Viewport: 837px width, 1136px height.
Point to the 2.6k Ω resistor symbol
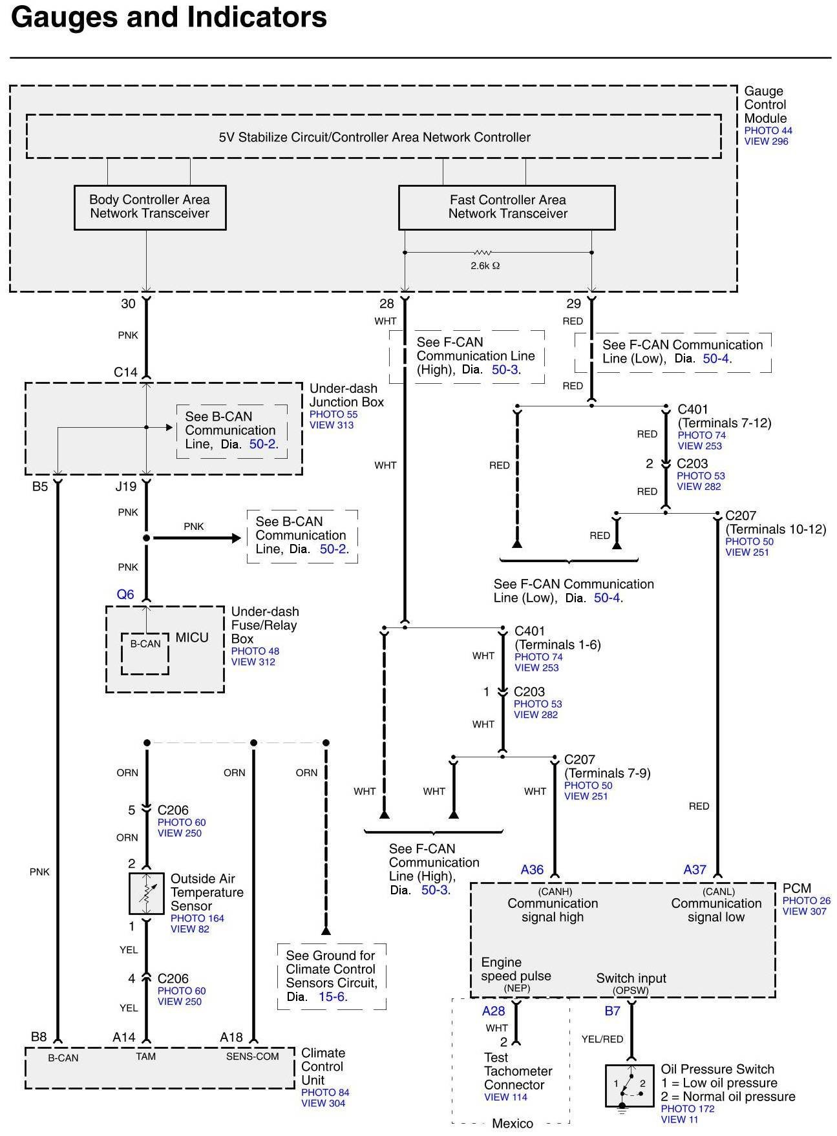[x=483, y=253]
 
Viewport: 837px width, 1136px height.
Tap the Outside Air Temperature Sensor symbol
[x=147, y=894]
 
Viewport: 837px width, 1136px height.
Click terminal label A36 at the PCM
[x=533, y=870]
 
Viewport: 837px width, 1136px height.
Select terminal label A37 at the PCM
[x=695, y=870]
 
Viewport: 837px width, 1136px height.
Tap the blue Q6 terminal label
[x=125, y=594]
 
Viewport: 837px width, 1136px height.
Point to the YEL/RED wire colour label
[x=602, y=1039]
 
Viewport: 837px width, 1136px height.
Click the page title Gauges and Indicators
[x=169, y=17]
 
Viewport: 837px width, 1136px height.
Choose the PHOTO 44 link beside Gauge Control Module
[x=768, y=131]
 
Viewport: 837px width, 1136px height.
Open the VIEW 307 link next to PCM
[x=805, y=912]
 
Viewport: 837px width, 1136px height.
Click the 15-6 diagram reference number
[x=333, y=997]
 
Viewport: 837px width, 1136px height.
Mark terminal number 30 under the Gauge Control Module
[x=129, y=304]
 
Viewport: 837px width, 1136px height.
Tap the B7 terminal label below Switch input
[x=612, y=1011]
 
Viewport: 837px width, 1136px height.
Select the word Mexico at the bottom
[x=513, y=1124]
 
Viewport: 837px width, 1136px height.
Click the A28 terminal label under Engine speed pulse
[x=494, y=1011]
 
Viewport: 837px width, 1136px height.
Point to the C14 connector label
[x=125, y=372]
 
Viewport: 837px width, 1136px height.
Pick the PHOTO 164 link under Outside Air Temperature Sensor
[x=197, y=918]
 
